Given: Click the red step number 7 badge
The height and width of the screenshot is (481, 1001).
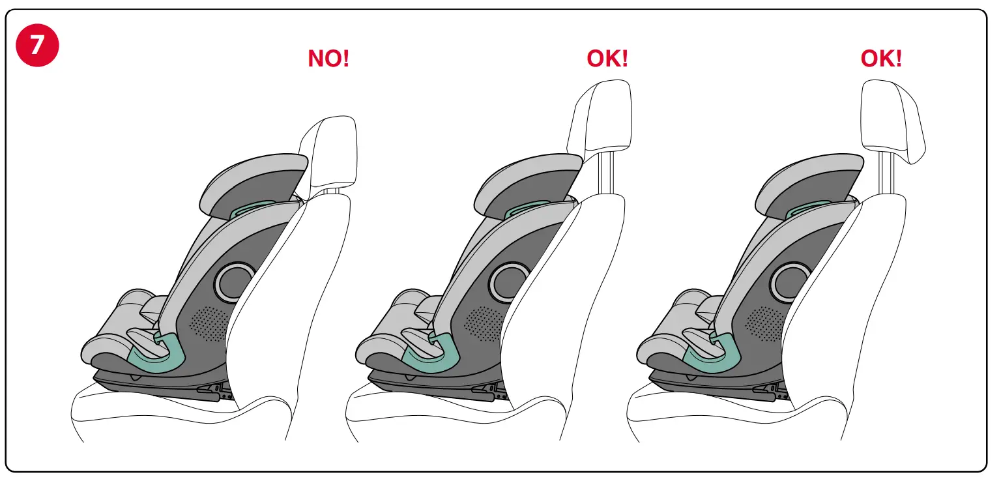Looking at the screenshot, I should [x=37, y=44].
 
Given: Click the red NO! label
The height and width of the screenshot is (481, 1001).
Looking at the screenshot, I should [x=328, y=59].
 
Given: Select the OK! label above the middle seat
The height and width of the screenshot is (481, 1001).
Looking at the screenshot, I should [x=607, y=59].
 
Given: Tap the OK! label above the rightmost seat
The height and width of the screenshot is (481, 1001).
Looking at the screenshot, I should [x=881, y=59].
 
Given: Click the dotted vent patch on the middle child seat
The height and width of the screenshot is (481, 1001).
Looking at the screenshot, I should [x=484, y=323].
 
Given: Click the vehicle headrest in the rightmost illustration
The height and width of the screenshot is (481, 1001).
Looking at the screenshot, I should [x=893, y=121].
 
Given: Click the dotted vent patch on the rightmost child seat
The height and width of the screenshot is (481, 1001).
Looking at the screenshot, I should [x=764, y=323].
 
